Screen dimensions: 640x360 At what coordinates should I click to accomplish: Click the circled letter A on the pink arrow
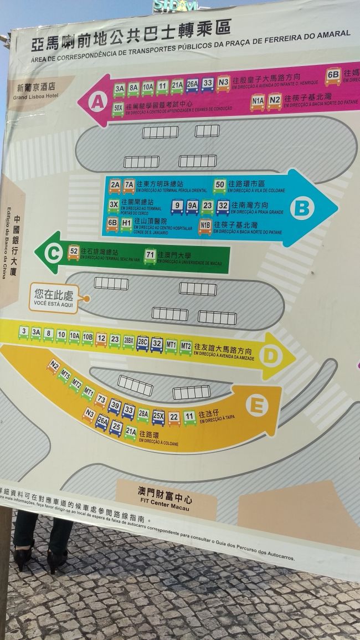click(97, 102)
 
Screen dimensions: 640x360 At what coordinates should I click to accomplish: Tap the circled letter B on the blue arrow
click(301, 208)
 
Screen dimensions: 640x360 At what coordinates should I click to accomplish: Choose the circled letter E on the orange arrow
click(256, 406)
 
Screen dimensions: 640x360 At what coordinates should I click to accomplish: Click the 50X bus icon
click(118, 108)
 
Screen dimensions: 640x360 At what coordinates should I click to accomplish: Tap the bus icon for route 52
click(73, 253)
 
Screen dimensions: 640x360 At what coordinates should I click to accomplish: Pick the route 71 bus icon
click(150, 256)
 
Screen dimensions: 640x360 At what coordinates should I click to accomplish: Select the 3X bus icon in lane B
click(114, 206)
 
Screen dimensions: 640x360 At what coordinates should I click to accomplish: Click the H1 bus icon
click(126, 224)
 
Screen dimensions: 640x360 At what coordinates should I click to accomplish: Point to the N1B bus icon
click(205, 226)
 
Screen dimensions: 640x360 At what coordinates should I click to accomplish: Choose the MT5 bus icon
click(65, 375)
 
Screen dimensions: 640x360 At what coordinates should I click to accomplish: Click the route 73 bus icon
click(101, 400)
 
